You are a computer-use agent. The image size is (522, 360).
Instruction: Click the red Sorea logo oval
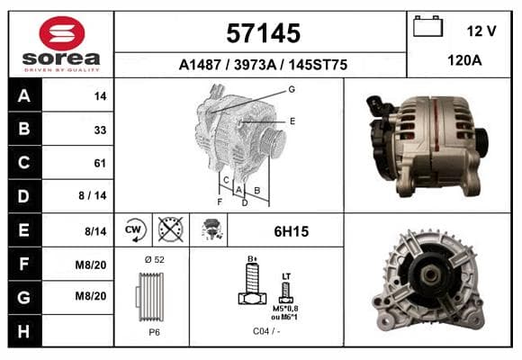pyautogui.click(x=62, y=33)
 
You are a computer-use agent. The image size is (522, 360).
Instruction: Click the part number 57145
pyautogui.click(x=264, y=33)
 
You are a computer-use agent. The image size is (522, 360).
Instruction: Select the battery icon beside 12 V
pyautogui.click(x=427, y=26)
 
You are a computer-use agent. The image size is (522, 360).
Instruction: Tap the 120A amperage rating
pyautogui.click(x=464, y=60)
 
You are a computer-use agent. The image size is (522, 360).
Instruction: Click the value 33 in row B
pyautogui.click(x=100, y=130)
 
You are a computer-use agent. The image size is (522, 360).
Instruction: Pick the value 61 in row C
pyautogui.click(x=100, y=163)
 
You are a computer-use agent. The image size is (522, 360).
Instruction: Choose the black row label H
pyautogui.click(x=24, y=331)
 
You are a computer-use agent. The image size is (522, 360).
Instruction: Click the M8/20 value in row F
pyautogui.click(x=91, y=265)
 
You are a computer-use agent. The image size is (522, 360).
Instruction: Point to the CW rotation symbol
pyautogui.click(x=133, y=229)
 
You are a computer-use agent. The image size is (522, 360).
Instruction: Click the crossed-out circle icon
pyautogui.click(x=170, y=229)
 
